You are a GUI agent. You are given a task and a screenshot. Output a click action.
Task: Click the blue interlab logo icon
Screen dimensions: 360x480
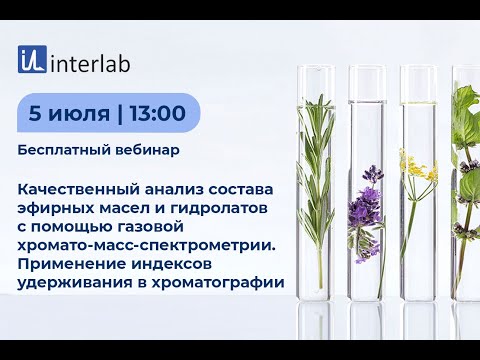(x=32, y=60)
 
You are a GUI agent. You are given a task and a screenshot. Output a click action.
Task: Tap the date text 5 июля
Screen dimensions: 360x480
(x=69, y=113)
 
